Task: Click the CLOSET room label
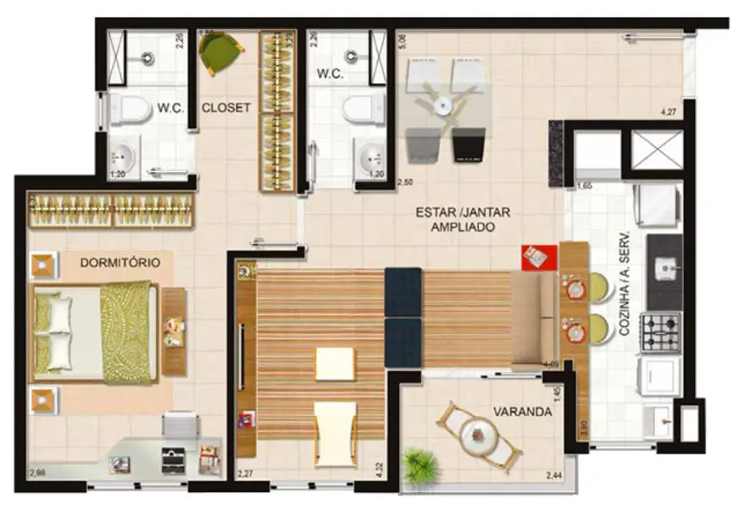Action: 226,107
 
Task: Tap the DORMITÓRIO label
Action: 120,262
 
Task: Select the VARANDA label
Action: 522,412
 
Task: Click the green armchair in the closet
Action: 220,52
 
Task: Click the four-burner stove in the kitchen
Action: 661,332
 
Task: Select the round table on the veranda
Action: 480,435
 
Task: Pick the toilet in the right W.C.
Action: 366,108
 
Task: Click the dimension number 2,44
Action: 553,477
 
